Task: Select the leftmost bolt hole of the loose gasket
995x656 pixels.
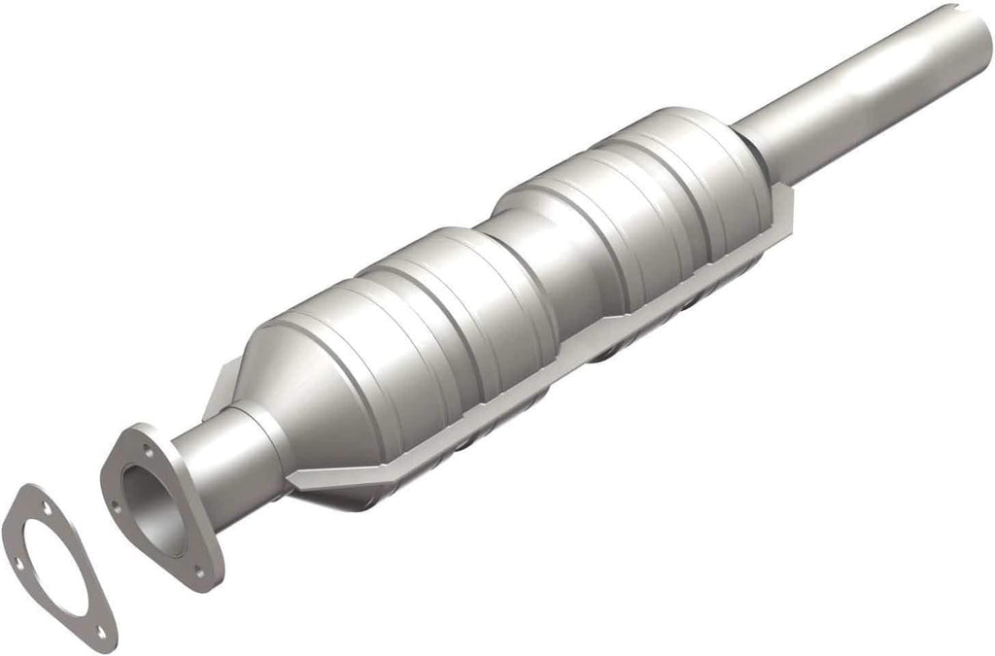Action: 17,562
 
